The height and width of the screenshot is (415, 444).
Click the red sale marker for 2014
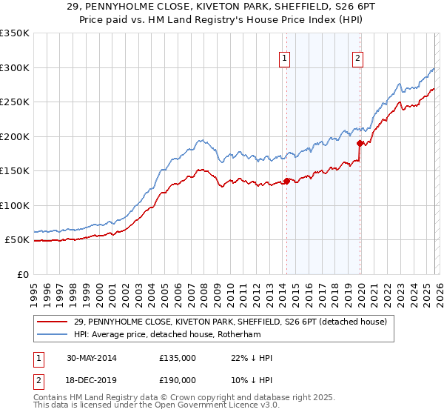point(286,181)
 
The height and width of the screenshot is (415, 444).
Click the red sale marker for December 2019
point(360,143)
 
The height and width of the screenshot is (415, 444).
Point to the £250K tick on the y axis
point(15,102)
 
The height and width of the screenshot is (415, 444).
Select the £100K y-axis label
point(15,205)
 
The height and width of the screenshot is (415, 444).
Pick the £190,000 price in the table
point(178,379)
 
